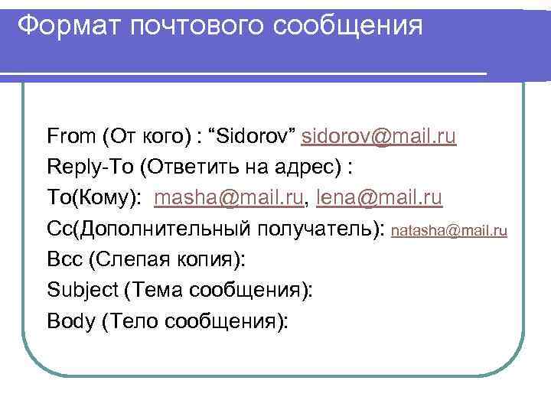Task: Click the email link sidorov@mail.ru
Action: [380, 137]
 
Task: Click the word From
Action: [70, 137]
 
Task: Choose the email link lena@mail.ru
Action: [378, 198]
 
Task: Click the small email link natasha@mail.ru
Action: [449, 229]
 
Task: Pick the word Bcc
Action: [64, 259]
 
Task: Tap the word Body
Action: [70, 321]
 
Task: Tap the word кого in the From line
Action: [165, 137]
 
